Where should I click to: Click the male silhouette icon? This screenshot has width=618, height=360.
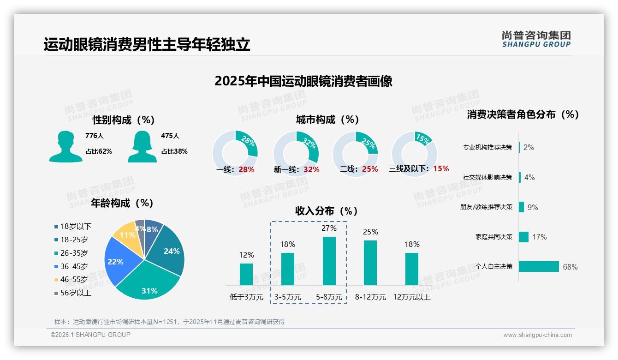coord(65,146)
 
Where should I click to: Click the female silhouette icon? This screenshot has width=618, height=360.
coord(142,146)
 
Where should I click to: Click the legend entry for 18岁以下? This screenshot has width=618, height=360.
coord(73,226)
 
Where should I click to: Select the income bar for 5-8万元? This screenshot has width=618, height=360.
coord(329,261)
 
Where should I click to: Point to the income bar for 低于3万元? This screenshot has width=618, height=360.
coord(246,274)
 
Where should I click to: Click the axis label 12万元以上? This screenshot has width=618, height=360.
coord(412,297)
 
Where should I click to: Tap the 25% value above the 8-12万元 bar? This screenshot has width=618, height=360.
coord(370,232)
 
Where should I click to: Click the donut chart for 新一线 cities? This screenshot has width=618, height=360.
coord(296,154)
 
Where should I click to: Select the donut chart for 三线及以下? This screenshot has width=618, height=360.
coord(414,154)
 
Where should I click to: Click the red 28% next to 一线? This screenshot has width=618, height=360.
coord(246,169)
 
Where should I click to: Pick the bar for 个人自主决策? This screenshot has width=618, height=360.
coord(539,266)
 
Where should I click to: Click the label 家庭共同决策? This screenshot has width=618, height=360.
coord(493,237)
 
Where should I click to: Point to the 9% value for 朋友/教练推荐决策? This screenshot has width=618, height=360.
coord(533,207)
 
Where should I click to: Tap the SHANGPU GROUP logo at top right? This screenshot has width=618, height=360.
coord(536,39)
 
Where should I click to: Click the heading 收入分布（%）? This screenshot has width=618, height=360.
coord(327,211)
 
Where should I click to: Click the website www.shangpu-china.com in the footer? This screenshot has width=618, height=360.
coord(537,335)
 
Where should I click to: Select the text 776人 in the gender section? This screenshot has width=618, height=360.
coord(95,136)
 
